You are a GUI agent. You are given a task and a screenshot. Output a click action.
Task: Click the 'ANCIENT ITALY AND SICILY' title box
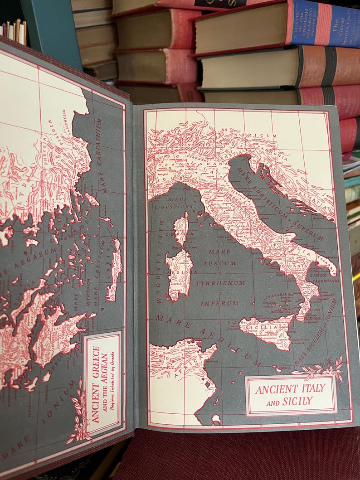[x=291, y=395]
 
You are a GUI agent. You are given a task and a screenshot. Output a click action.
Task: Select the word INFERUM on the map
[x=220, y=303]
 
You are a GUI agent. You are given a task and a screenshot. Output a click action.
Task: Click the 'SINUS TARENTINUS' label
[x=322, y=278]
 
